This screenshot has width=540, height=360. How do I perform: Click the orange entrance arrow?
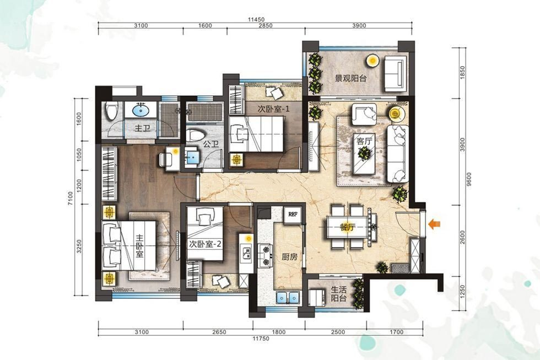click(434, 224)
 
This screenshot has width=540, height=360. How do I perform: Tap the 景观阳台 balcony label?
click(351, 78)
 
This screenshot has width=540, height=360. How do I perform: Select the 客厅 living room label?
click(365, 141)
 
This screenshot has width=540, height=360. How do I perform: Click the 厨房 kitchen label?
click(289, 257)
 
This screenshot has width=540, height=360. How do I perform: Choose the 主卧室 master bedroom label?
click(139, 246)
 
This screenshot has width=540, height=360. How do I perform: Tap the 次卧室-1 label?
click(274, 109)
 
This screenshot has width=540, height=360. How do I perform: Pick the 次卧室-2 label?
click(205, 244)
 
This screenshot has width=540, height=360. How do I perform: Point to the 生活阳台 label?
click(338, 293)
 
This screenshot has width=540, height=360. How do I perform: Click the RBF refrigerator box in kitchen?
click(293, 214)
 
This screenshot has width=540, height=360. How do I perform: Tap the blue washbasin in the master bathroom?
click(141, 111)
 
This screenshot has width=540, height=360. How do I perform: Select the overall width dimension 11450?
click(256, 20)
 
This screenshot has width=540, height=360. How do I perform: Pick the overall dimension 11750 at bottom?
click(261, 339)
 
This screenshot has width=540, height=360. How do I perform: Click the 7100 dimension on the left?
click(71, 199)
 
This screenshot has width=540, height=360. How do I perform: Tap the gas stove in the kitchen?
click(266, 255)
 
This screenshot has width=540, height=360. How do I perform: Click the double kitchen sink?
click(288, 297)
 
